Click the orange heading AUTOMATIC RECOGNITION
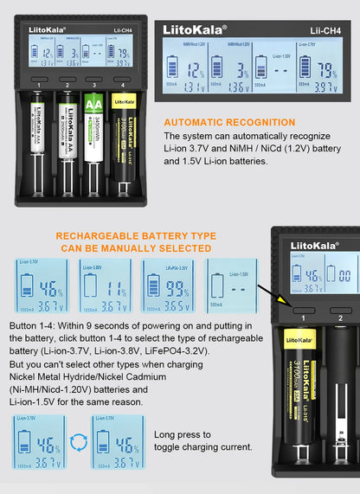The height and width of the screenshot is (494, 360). pos(229,122)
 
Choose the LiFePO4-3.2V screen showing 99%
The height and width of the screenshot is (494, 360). pos(167,284)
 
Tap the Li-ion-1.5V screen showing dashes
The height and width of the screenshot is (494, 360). pos(230,284)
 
